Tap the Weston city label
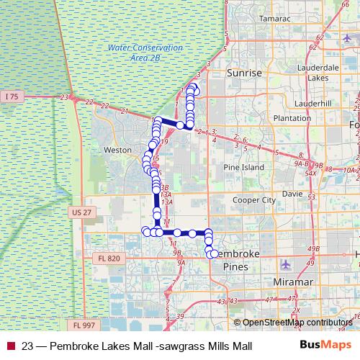click(118, 150)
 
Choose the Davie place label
click(292, 194)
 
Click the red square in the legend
click(10, 346)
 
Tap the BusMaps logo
click(320, 346)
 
